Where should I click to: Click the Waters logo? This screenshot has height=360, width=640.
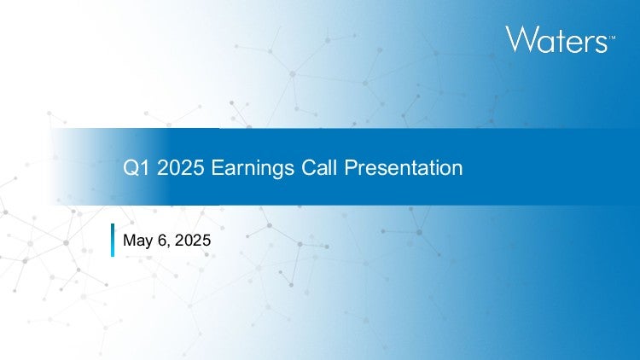coord(560,39)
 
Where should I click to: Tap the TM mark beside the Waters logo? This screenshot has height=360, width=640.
coord(612,38)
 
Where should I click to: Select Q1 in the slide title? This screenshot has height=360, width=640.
coord(137,168)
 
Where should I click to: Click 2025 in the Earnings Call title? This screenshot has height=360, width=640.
coord(180,168)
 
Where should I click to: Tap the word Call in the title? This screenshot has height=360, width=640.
coord(319,168)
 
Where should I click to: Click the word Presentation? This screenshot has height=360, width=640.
coord(404,168)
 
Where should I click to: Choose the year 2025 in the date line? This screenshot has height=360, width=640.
coord(193,240)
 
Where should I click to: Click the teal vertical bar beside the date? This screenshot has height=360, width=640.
coord(113,240)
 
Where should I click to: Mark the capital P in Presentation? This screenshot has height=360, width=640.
coord(351,168)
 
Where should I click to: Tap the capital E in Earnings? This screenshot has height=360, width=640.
coord(217,168)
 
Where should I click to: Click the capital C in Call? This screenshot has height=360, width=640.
coord(309,168)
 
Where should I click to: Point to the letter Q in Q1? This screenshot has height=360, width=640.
coord(131,168)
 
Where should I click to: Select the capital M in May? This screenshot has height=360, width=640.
coord(129,240)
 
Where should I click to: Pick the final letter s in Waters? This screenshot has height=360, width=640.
coord(602,44)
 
